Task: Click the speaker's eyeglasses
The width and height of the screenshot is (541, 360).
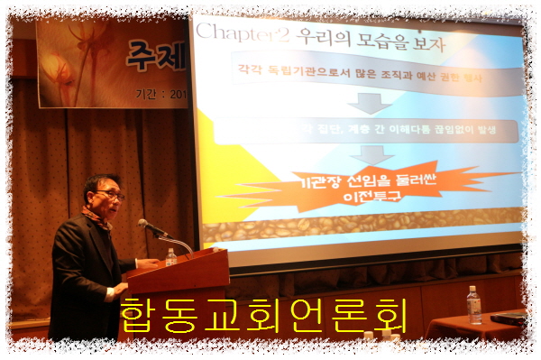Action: click(110, 194)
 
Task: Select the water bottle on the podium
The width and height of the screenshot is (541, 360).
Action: click(170, 257)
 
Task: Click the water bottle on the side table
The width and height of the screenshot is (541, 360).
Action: click(473, 304)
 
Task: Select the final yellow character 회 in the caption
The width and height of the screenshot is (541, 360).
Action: click(390, 315)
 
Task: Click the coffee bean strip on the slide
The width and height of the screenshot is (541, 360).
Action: click(361, 225)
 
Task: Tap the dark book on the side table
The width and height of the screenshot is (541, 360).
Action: click(508, 317)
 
